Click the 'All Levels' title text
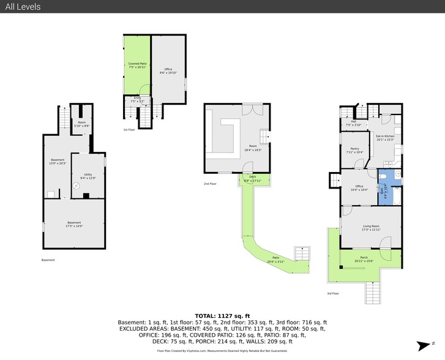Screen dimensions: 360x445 pos(23,7)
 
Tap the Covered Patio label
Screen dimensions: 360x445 pos(137,64)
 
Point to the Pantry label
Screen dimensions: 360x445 pos(354,149)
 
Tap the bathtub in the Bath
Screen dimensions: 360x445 pos(395,197)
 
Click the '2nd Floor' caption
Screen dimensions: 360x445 pos(211,183)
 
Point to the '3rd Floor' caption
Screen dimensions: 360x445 pos(333,294)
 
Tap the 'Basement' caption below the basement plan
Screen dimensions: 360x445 pos(48,260)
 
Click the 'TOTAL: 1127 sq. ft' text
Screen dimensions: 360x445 pos(222,314)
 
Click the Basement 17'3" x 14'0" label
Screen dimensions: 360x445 pos(73,224)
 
